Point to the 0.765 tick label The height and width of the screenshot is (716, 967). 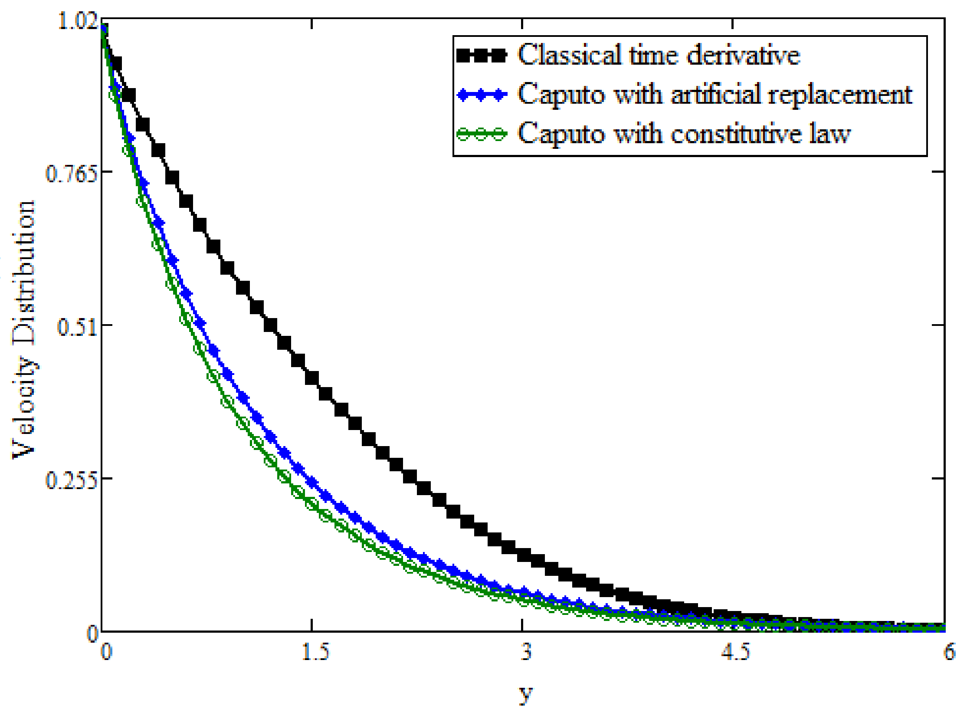[x=70, y=174]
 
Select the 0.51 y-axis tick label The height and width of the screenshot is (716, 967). [x=76, y=327]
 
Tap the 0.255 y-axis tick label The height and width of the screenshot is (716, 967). [x=70, y=480]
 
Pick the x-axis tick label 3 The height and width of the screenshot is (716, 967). [x=526, y=652]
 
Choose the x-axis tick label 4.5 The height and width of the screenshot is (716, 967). [x=735, y=652]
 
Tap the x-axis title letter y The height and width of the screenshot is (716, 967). [x=526, y=693]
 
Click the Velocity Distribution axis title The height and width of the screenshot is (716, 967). [x=24, y=330]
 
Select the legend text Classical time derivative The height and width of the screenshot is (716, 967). [x=659, y=55]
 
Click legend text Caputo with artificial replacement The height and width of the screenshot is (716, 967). [x=715, y=94]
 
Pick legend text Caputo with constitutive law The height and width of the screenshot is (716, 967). [x=684, y=133]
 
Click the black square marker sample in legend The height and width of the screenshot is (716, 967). [x=482, y=56]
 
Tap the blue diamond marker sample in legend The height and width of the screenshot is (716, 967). [x=482, y=95]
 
